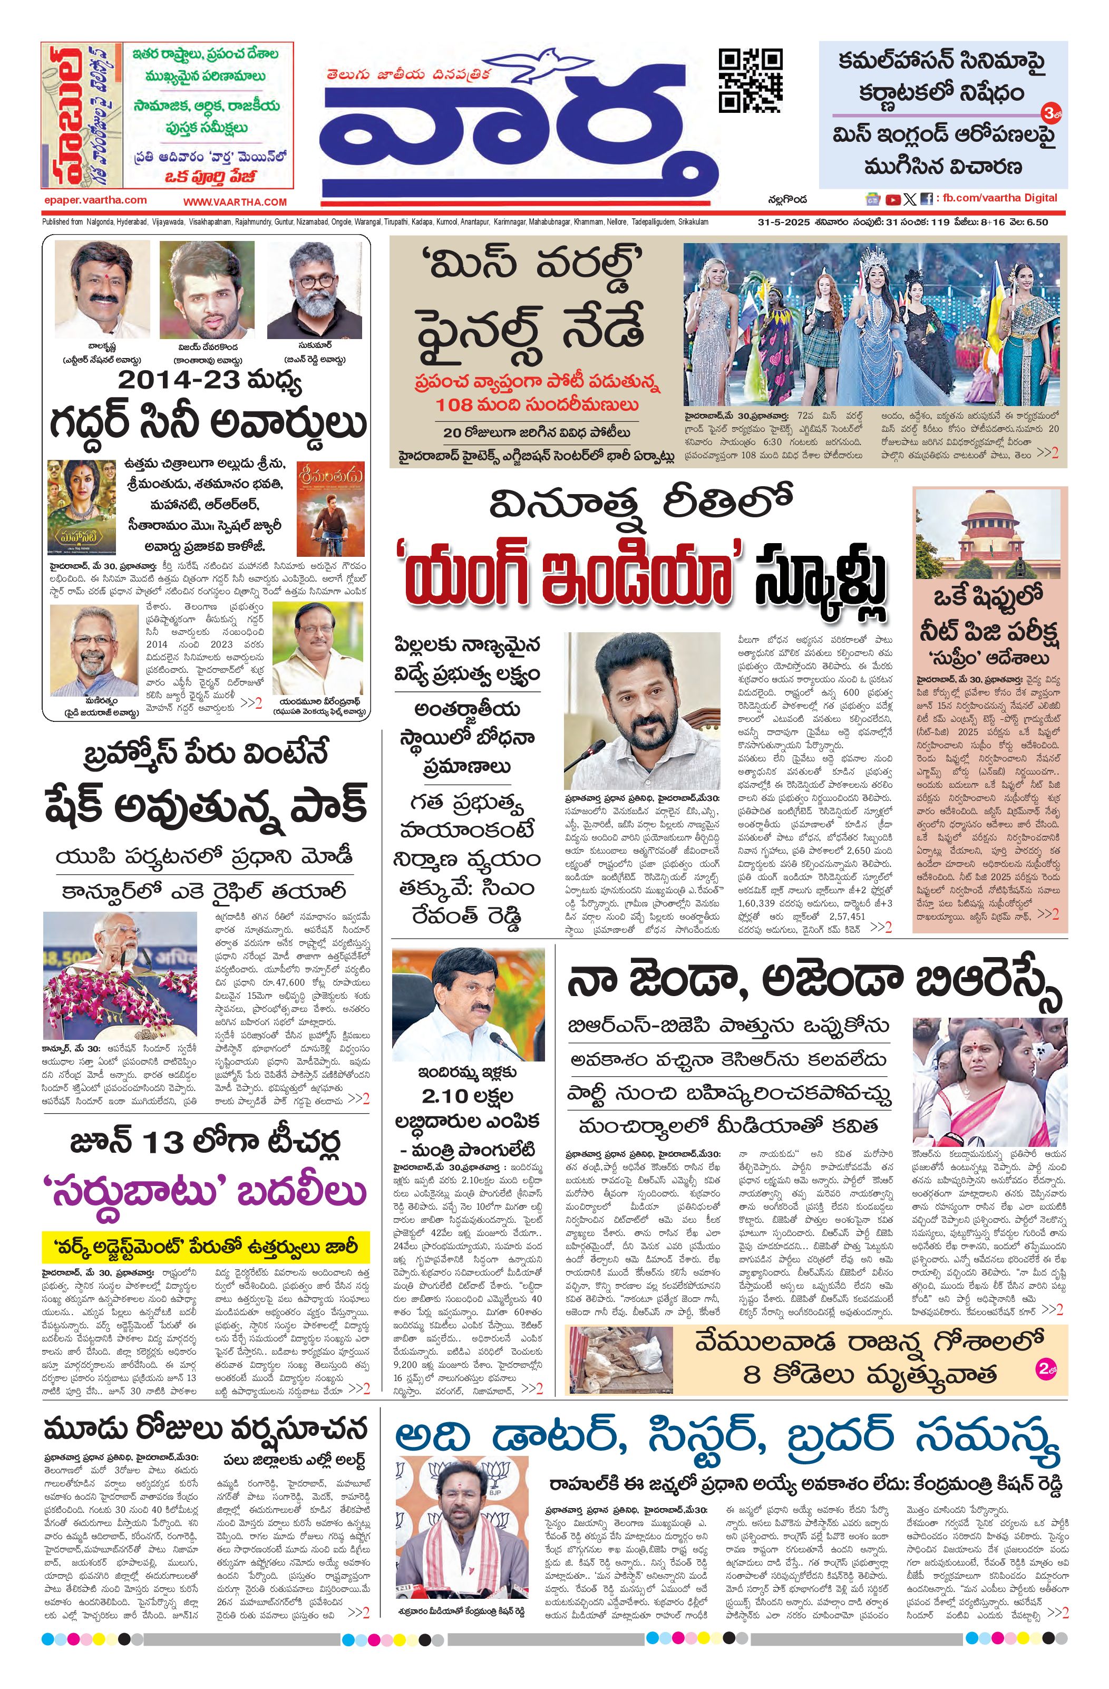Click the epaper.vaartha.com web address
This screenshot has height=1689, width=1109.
95,200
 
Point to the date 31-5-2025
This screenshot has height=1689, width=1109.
783,222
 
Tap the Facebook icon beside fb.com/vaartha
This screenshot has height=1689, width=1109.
926,199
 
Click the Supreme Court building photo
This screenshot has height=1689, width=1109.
990,533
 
